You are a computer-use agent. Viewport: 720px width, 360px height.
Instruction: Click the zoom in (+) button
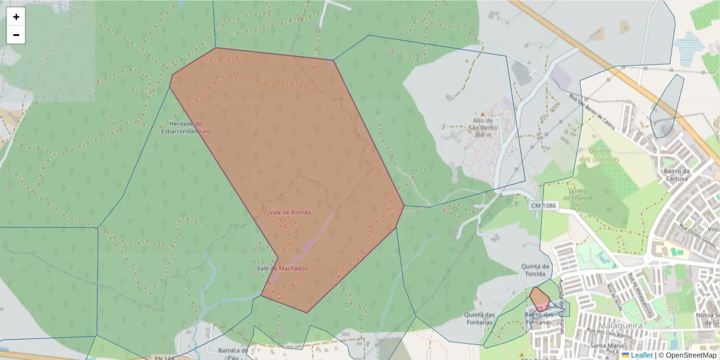click(x=16, y=17)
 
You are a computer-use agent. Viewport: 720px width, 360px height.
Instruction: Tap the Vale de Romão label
click(x=290, y=212)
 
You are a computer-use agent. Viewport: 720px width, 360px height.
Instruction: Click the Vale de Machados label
click(x=282, y=268)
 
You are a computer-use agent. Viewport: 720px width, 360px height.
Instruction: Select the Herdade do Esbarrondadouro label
click(x=186, y=127)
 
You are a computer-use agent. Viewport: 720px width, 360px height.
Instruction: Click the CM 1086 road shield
click(x=544, y=206)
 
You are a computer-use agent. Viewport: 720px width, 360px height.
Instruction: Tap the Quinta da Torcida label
click(x=535, y=271)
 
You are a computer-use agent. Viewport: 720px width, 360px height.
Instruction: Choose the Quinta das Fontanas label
click(x=479, y=318)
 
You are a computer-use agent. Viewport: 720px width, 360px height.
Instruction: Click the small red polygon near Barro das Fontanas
click(x=539, y=298)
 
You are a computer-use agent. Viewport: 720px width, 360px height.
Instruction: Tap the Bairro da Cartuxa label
click(x=677, y=175)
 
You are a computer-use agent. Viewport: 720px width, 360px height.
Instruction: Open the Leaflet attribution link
click(x=641, y=355)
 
